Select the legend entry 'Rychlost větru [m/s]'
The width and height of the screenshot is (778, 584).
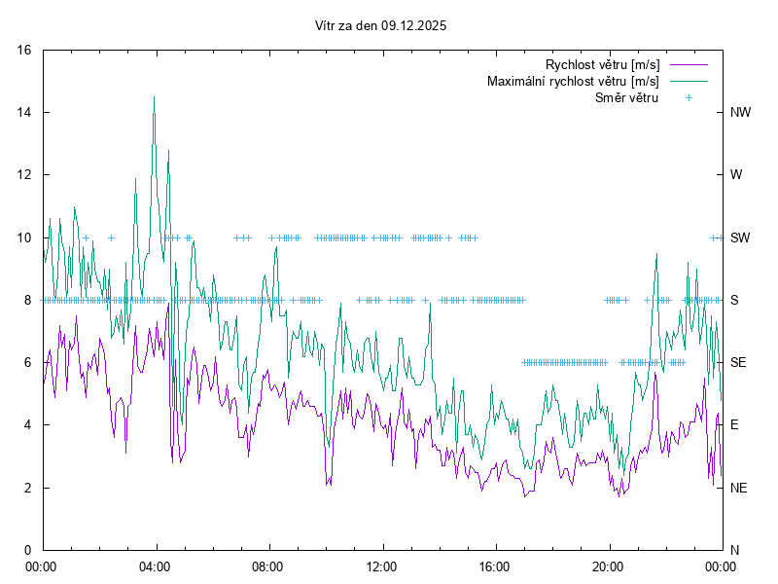[x=602, y=64]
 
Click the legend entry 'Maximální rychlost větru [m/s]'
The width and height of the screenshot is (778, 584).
[x=573, y=81]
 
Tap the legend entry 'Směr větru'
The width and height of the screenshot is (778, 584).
[x=626, y=97]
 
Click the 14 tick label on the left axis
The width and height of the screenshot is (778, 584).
[x=25, y=112]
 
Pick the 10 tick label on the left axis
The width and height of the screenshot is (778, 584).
[x=25, y=237]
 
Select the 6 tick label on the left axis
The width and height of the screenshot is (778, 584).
[x=29, y=362]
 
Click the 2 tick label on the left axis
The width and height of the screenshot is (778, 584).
[x=29, y=488]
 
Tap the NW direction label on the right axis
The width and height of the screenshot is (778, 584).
[x=740, y=112]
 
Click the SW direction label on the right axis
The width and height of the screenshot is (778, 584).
[x=740, y=237]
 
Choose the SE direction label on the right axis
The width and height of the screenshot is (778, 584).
[x=739, y=362]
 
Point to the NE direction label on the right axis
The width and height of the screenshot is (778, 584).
[x=739, y=488]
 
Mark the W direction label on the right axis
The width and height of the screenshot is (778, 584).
[x=736, y=175]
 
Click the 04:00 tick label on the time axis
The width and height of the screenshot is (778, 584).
[x=155, y=566]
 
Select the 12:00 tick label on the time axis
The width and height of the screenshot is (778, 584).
[x=381, y=566]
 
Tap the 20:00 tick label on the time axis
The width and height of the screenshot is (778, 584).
[x=608, y=566]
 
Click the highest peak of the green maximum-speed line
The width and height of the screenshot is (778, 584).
[x=154, y=96]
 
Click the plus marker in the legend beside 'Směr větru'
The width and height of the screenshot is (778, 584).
[x=689, y=97]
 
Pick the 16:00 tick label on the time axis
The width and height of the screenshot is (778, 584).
[x=495, y=566]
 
